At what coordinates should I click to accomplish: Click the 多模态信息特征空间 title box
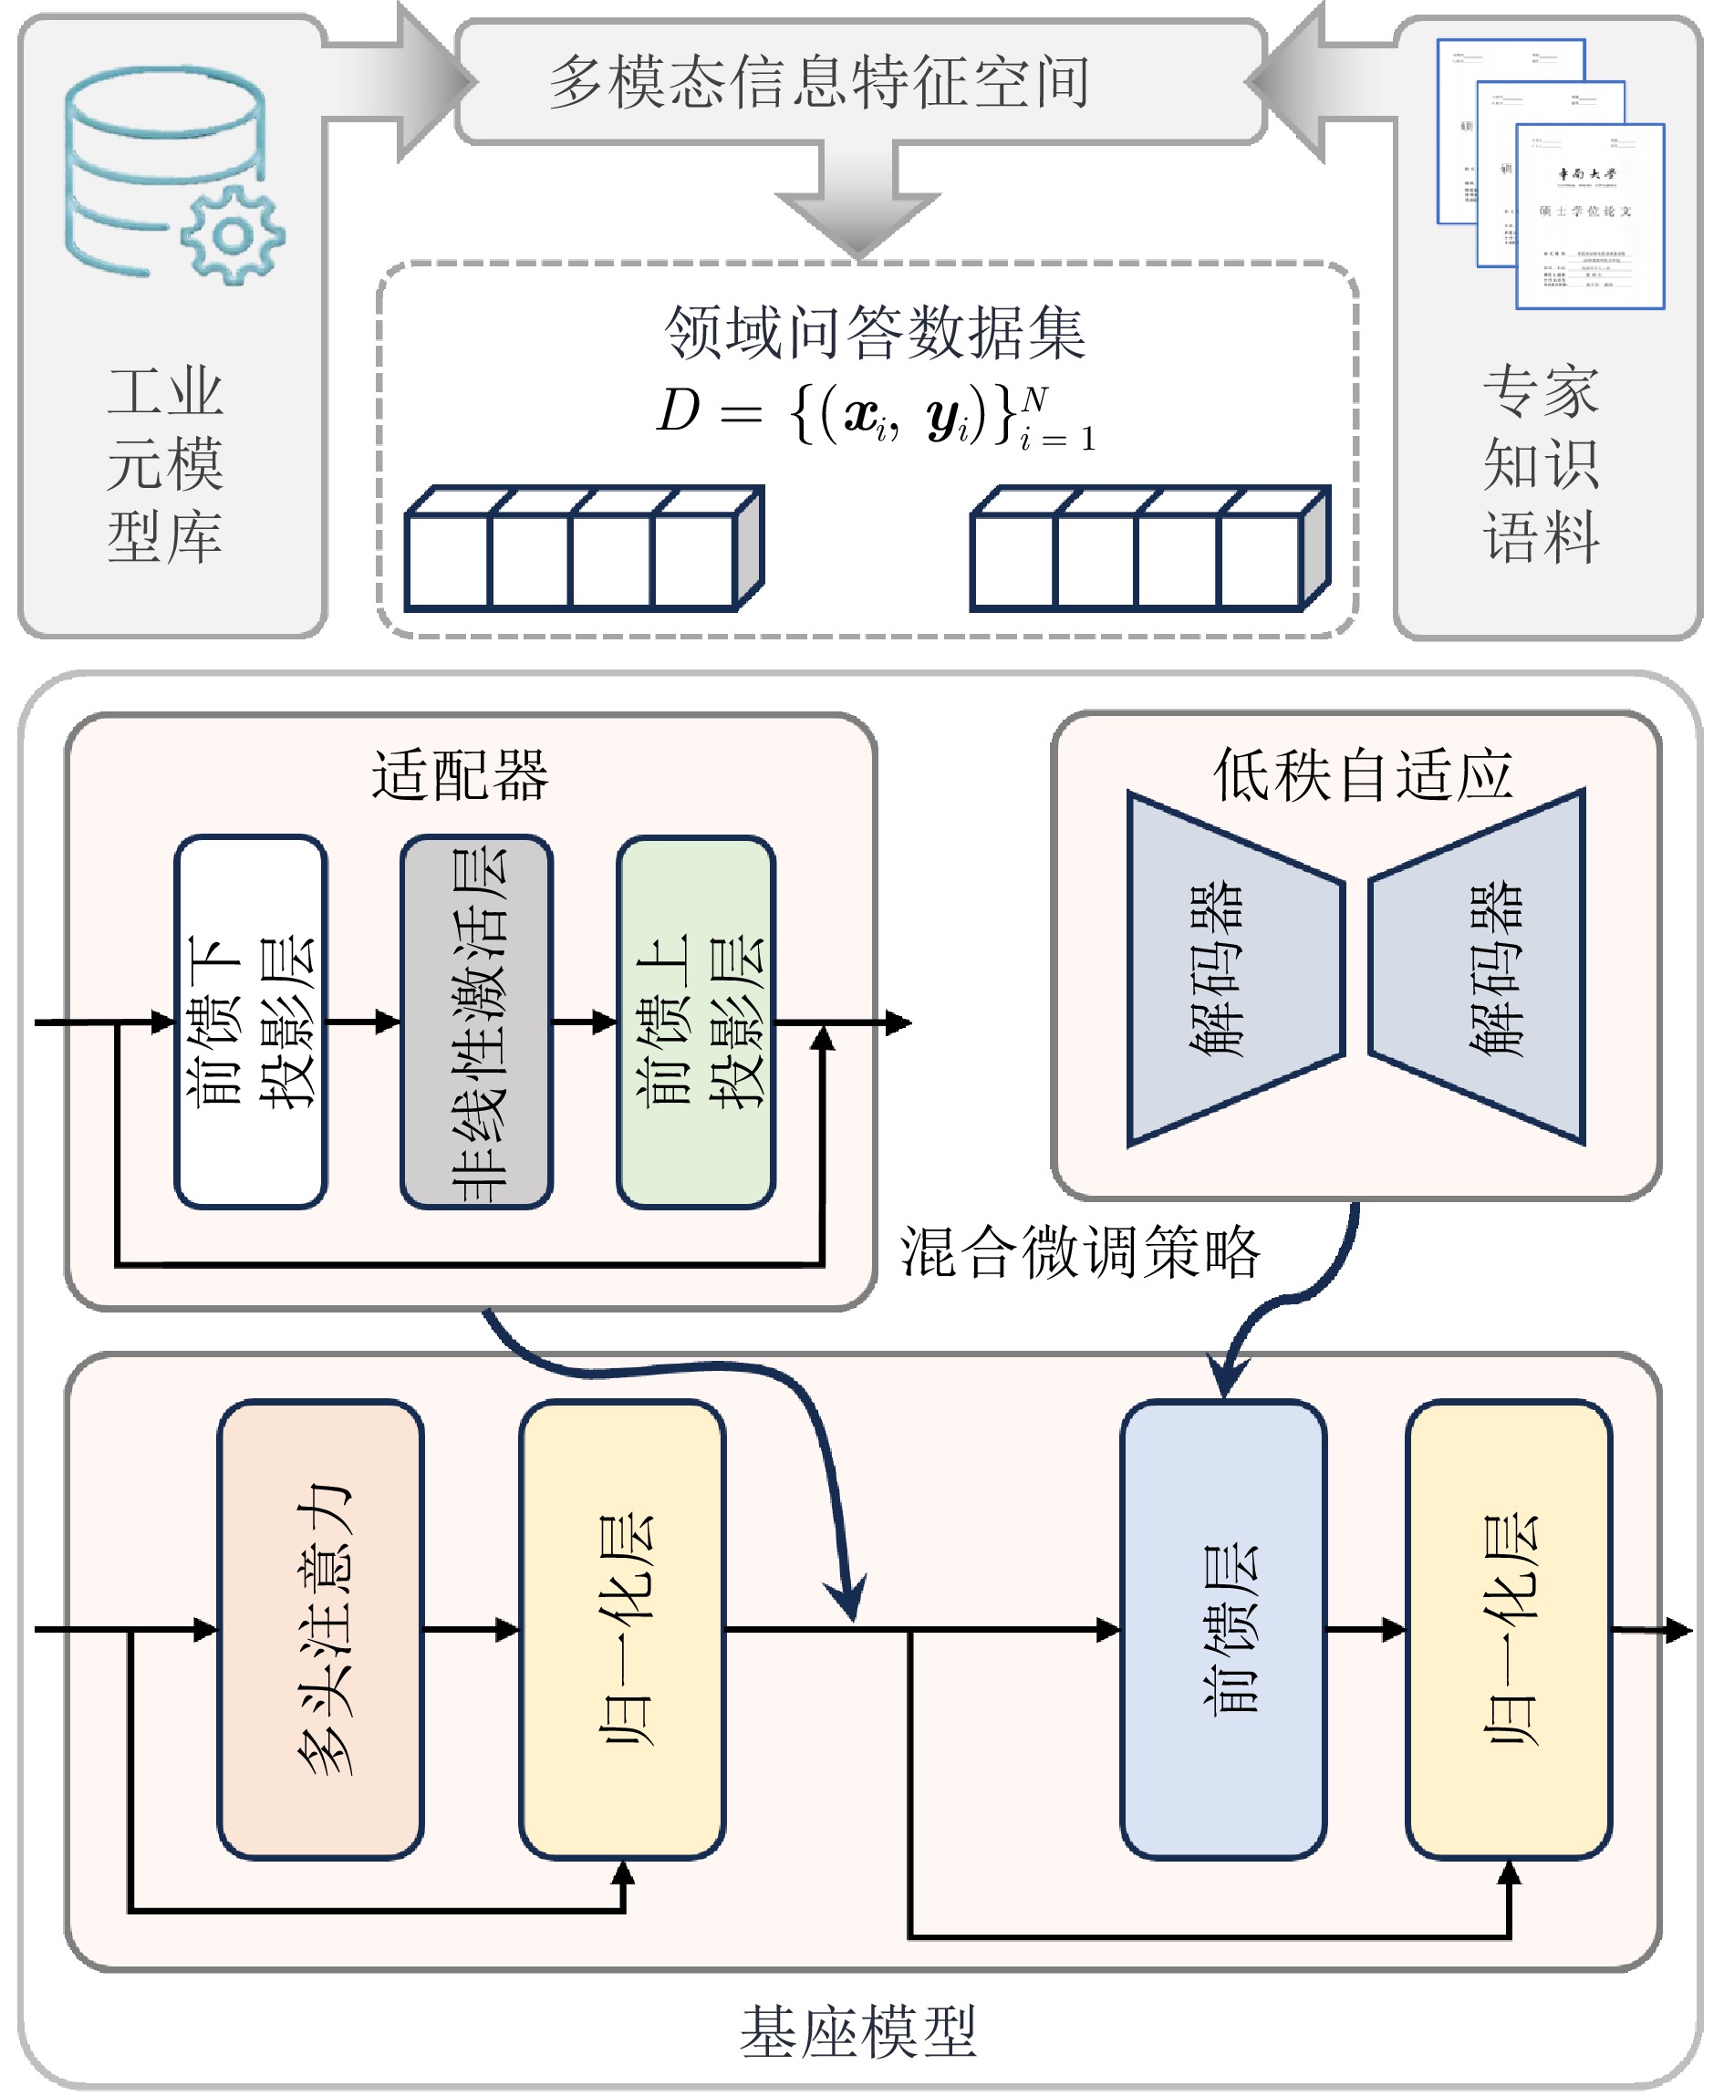coord(860,81)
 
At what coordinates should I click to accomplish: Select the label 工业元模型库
coord(166,464)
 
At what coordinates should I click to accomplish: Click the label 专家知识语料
coord(1541,464)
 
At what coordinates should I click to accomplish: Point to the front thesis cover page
coord(1589,216)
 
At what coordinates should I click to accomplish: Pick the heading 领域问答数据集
coord(874,333)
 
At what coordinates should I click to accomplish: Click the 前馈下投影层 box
coord(251,1022)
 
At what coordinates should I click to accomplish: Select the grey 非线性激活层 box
coord(477,1022)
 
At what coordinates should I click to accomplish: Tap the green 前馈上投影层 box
coord(696,1022)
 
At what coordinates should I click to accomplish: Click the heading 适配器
coord(460,775)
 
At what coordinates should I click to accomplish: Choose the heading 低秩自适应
coord(1362,775)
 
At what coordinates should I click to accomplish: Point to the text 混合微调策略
coord(1081,1252)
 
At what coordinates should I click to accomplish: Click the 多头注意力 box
coord(321,1629)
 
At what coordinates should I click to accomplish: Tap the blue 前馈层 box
coord(1223,1629)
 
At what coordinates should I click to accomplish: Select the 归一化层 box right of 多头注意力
coord(623,1629)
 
